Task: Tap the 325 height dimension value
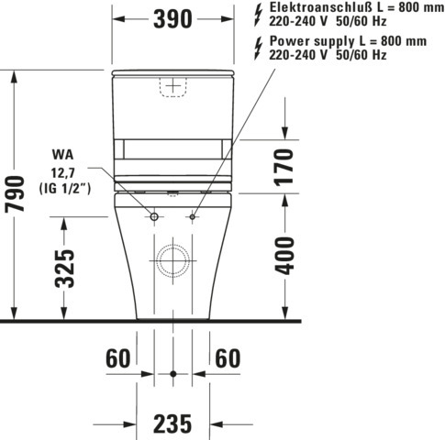(64, 268)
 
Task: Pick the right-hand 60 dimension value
(229, 358)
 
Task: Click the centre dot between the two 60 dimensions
(172, 374)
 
